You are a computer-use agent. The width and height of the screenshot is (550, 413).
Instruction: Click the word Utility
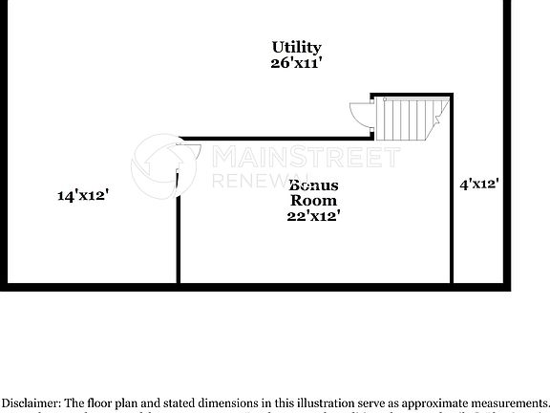point(296,47)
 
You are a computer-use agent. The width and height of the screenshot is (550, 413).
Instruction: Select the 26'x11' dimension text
point(296,63)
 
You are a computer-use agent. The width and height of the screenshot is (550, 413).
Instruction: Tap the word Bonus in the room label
point(312,185)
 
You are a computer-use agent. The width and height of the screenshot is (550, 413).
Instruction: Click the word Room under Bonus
point(313,201)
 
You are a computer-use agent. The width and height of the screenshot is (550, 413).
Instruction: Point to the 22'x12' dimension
point(313,217)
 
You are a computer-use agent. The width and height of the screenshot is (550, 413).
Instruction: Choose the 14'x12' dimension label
point(83,195)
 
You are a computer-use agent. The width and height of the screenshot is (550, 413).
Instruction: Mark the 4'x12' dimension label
point(478,184)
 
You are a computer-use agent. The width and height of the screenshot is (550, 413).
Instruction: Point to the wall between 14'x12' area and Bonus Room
point(178,239)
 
